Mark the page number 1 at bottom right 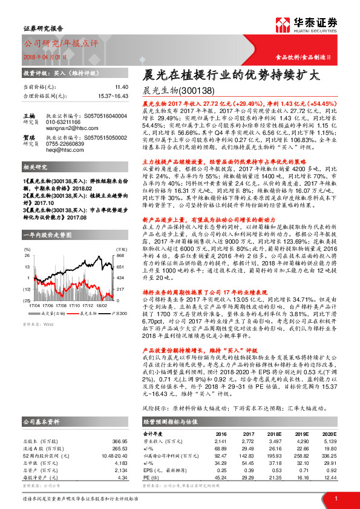335,498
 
